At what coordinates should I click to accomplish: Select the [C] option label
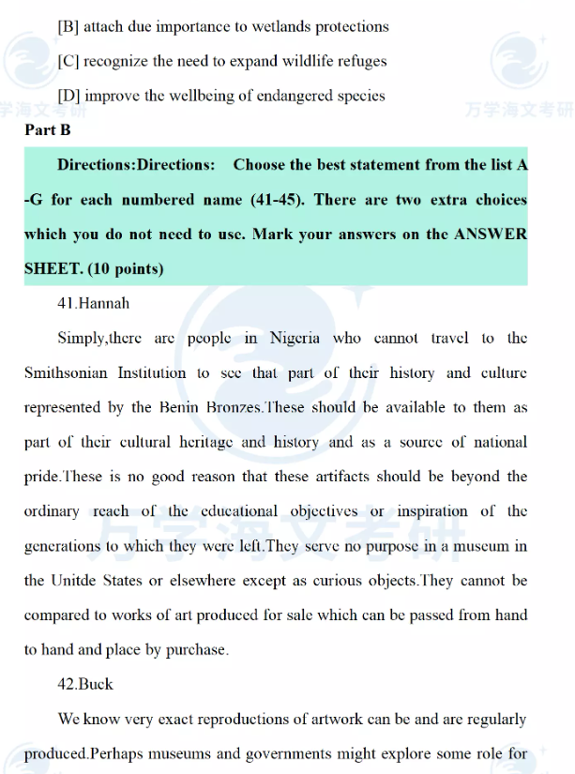[68, 62]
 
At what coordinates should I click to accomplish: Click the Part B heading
[48, 130]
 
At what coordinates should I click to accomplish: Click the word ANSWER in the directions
[491, 235]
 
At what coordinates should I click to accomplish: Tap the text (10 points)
[126, 269]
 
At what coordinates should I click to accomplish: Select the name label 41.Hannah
[94, 304]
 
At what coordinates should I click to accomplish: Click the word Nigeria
[295, 339]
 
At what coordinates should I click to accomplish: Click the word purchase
[196, 650]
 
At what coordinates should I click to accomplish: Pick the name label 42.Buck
[85, 685]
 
